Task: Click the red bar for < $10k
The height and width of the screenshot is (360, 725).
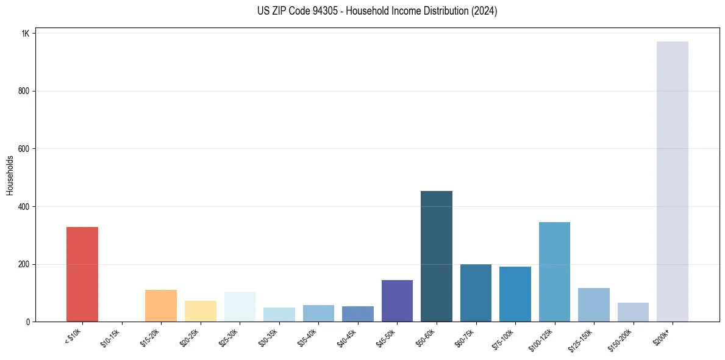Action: [82, 274]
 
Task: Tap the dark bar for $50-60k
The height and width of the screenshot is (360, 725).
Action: [437, 256]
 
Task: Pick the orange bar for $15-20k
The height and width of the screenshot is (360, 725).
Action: [161, 306]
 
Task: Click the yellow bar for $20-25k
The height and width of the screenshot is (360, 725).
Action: [201, 311]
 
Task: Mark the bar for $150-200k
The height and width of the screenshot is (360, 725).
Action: [633, 312]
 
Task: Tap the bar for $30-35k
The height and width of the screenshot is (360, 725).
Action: [279, 314]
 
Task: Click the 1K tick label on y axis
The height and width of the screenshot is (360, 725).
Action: [25, 34]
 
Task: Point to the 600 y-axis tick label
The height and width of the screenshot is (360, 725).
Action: [23, 149]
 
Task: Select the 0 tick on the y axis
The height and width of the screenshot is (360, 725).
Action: [27, 322]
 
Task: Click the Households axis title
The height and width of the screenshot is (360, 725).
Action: [10, 175]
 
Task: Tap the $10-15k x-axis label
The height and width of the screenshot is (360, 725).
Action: [111, 337]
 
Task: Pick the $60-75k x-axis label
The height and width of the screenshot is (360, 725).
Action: [465, 337]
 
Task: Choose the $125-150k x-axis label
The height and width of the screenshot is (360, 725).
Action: [581, 339]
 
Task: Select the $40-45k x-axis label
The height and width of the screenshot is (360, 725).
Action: [346, 337]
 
